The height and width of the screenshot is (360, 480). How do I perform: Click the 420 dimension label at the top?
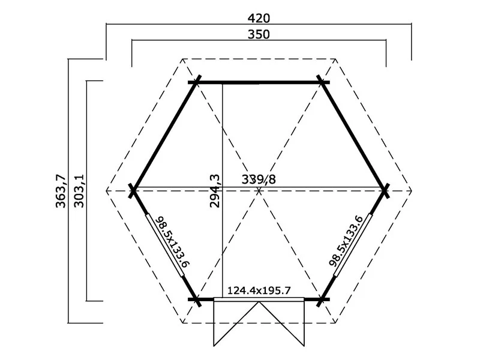click(x=258, y=17)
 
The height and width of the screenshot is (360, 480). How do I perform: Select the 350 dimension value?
click(x=258, y=34)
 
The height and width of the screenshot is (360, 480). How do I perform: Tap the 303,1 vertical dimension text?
click(x=78, y=190)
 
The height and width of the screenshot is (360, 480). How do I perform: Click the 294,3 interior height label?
click(x=215, y=190)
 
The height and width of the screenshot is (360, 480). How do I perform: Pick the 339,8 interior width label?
click(x=259, y=179)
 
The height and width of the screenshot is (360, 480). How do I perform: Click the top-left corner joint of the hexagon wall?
click(x=196, y=82)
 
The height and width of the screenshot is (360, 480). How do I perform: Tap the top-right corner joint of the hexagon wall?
click(x=323, y=82)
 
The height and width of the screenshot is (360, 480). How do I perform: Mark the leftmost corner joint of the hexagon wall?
click(x=133, y=191)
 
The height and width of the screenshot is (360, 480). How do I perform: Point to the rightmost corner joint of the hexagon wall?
click(x=385, y=191)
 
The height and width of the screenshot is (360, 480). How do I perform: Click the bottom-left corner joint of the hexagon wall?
click(x=196, y=299)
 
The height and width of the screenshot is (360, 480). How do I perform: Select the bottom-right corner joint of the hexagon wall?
click(x=323, y=299)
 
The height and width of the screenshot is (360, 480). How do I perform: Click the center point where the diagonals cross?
click(x=259, y=191)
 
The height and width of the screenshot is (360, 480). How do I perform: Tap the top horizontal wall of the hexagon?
click(x=259, y=82)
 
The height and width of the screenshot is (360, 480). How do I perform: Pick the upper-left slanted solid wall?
click(x=164, y=137)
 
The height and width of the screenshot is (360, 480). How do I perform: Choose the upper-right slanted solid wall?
click(x=354, y=137)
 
